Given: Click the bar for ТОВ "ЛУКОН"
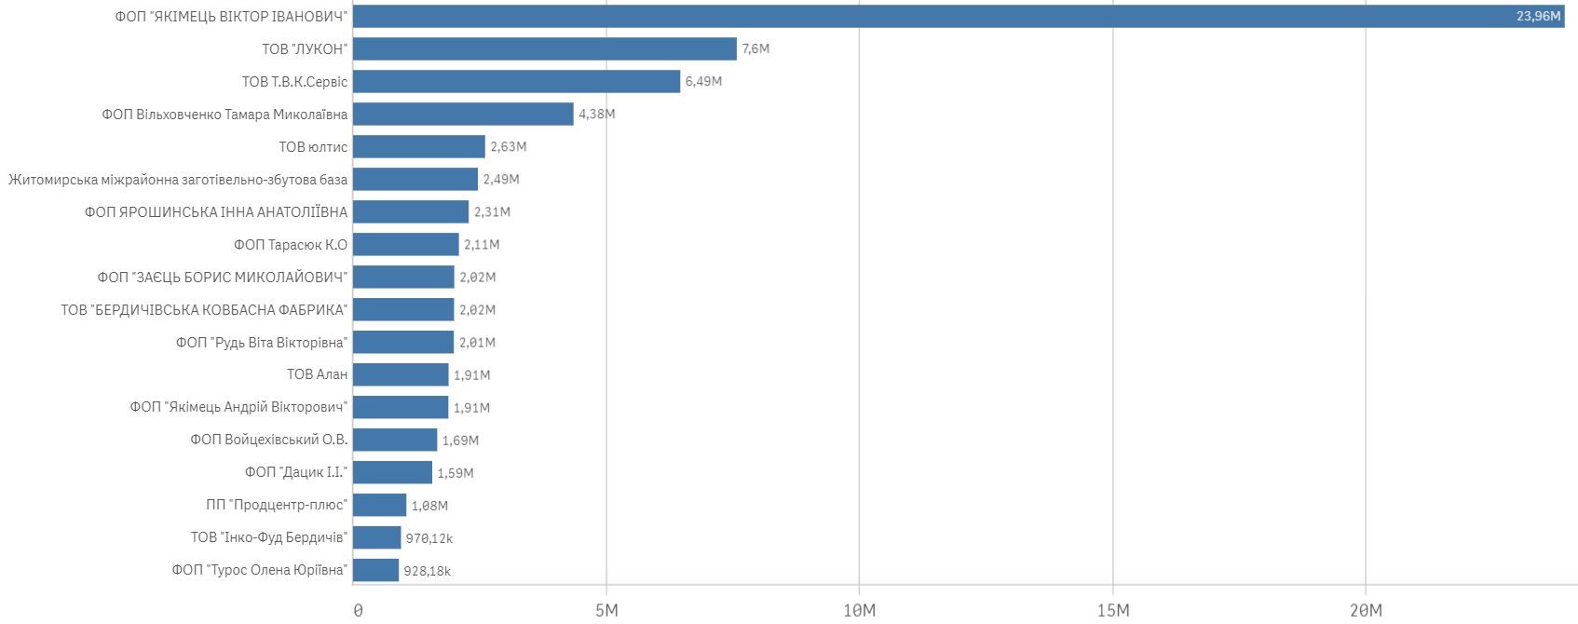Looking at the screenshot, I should tap(544, 48).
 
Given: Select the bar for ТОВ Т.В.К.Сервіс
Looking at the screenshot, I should tap(516, 81).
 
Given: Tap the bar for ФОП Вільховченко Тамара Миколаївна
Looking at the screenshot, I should tap(463, 114).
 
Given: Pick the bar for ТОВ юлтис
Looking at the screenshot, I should tap(418, 146).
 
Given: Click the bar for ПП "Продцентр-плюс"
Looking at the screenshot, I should tap(379, 505).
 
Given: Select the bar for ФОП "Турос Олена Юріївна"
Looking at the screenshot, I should tap(375, 570).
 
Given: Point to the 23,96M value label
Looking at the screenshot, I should tap(1538, 16).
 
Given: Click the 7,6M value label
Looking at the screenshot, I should tap(755, 48).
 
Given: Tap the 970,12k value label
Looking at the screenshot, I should tap(429, 538).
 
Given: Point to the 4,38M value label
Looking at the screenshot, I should tap(596, 114).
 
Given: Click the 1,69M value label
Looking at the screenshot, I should tap(460, 441).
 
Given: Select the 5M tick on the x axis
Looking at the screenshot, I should tap(605, 610).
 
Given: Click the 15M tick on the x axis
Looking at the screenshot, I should tap(1112, 610).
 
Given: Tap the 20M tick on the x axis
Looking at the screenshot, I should tap(1366, 610).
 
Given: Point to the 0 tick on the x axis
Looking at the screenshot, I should tap(358, 610).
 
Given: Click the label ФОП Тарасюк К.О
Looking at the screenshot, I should tap(290, 244).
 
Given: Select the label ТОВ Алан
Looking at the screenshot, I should tap(317, 374).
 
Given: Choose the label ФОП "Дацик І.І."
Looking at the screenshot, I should tap(295, 472).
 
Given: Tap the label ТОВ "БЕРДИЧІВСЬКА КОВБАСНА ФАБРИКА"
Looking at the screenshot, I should tap(204, 309).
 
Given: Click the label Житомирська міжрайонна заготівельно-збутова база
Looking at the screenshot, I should tap(178, 179).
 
